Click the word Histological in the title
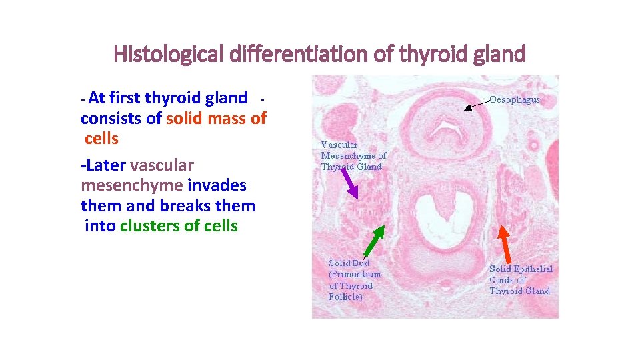[x=169, y=53]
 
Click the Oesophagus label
[x=515, y=99]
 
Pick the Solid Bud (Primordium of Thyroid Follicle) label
[x=355, y=280]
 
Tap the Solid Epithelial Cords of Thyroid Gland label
[x=521, y=280]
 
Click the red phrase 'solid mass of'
[x=216, y=119]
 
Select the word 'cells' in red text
[x=101, y=139]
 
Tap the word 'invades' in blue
[x=217, y=185]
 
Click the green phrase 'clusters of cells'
[x=179, y=226]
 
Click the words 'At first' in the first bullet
[x=114, y=98]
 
